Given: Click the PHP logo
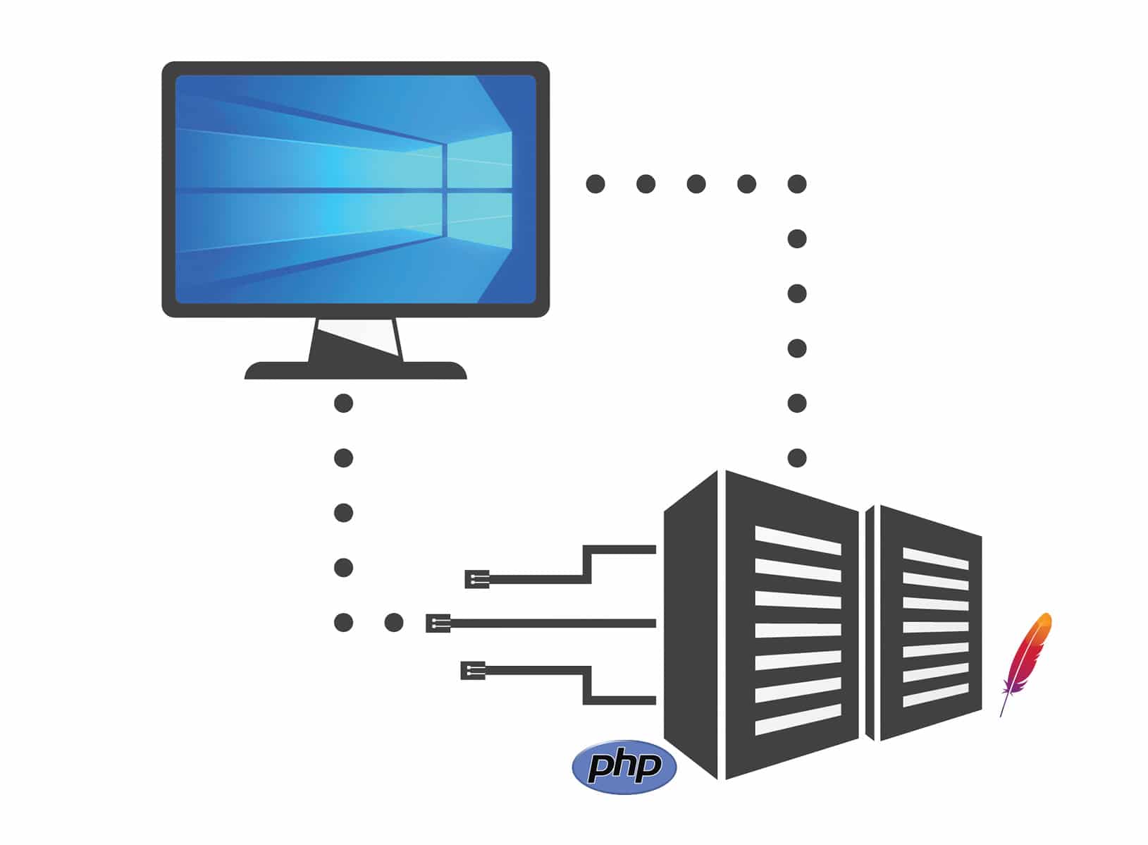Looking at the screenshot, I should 624,767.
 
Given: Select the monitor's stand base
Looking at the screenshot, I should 355,371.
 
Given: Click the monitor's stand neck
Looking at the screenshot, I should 355,340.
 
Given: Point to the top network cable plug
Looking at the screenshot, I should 476,580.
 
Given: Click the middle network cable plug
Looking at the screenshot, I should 438,623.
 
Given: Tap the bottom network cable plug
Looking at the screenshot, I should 472,670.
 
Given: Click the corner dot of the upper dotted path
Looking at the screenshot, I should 797,184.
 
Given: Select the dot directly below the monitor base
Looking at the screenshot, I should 343,403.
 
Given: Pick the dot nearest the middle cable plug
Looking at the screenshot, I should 394,623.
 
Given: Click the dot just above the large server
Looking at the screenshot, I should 797,458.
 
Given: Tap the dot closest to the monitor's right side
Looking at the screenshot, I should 595,184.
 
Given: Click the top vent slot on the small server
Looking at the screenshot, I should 935,558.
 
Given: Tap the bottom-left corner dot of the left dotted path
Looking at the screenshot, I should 343,623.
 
